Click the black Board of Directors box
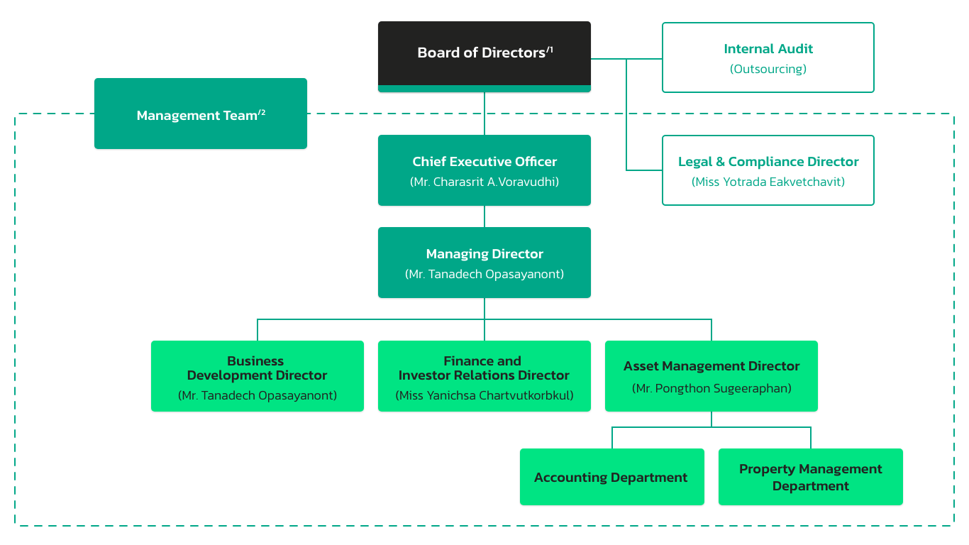pos(484,56)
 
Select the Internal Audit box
pos(768,57)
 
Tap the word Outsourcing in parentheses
pos(768,69)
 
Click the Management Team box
pos(201,114)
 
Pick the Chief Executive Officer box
pos(484,170)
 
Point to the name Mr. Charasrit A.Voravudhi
pos(484,182)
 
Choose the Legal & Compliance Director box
pos(768,170)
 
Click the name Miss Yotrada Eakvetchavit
pos(768,182)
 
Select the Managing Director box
pos(484,263)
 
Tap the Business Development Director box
pos(258,375)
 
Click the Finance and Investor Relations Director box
pos(484,375)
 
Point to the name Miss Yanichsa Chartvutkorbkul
pos(484,395)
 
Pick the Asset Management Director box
pos(711,375)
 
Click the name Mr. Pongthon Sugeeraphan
pos(711,388)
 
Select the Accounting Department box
pos(611,477)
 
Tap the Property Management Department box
pos(810,477)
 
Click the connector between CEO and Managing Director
pos(484,216)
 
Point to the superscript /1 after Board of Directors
pos(549,50)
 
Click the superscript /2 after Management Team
pos(262,112)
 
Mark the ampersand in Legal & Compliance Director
pos(720,162)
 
